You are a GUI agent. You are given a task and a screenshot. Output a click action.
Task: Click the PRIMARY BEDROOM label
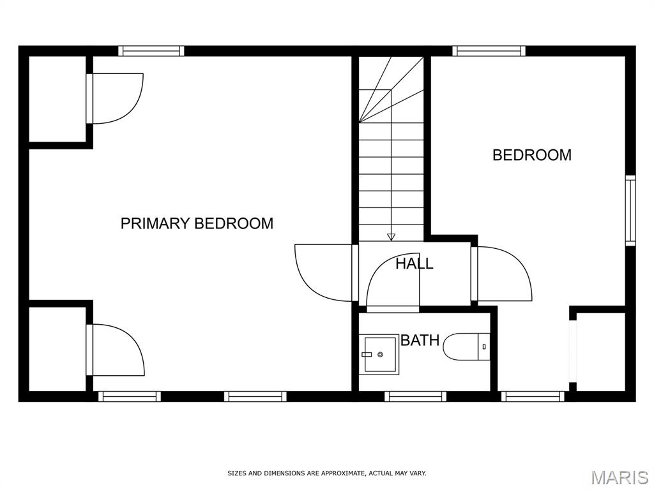coord(197,223)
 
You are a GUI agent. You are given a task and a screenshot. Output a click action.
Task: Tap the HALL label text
coord(414,264)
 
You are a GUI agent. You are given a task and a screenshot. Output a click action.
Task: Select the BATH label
coord(420,341)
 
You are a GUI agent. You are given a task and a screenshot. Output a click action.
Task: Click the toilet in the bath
coord(466,346)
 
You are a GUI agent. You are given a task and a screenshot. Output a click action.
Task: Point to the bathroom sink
coord(379,354)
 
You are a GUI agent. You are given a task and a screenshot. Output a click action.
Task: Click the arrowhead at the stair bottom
coord(391,237)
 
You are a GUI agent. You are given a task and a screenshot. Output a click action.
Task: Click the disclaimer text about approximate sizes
coord(327,473)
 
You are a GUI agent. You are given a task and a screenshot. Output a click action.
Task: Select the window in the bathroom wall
coord(415,396)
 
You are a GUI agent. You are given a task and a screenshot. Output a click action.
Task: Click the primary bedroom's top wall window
coord(151,51)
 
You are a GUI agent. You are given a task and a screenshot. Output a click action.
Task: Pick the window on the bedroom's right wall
coord(630,211)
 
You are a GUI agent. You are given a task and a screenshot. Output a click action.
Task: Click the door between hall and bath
coord(393,283)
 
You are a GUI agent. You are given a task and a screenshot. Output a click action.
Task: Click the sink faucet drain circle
coord(380,355)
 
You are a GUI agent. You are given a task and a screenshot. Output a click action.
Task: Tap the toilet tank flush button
coord(484,346)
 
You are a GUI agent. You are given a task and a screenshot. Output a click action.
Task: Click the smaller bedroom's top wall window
coord(489,51)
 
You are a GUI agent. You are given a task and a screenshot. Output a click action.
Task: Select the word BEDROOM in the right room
coord(532,155)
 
